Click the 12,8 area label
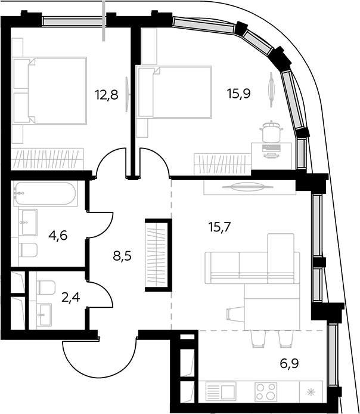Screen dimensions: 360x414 click(107, 95)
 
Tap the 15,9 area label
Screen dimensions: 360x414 click(239, 94)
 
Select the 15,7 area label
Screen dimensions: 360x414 click(219, 227)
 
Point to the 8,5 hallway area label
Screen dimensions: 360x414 click(122, 255)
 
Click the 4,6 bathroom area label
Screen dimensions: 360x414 click(58, 235)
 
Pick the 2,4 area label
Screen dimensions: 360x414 click(70, 298)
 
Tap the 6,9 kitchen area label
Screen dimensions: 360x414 click(289, 363)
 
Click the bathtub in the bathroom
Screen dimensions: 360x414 click(45, 193)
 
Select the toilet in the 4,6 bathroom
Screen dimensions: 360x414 click(29, 250)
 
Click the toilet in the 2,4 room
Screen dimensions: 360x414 click(46, 288)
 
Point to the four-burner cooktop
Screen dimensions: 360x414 click(266, 392)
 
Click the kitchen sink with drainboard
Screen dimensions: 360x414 click(221, 392)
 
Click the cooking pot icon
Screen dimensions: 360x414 click(271, 131)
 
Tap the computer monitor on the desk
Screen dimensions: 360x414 click(271, 150)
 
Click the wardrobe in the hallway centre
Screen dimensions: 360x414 click(159, 255)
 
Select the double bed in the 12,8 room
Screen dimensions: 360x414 click(50, 90)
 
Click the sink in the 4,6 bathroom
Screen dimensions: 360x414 click(29, 223)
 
